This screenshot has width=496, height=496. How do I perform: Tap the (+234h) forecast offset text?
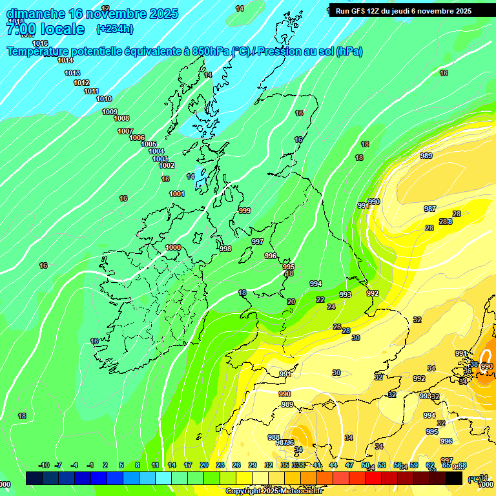pos(114,29)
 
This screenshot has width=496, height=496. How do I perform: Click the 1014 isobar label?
pos(65,60)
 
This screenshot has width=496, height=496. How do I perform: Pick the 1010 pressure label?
pos(104,99)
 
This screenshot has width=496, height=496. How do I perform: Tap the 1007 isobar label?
pos(125,131)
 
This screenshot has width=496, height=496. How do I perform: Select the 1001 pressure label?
pos(177,194)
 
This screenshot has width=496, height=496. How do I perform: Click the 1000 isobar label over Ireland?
pos(173,247)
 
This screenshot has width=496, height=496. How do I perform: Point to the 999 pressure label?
pos(245,211)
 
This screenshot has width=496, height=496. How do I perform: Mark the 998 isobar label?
pos(225,249)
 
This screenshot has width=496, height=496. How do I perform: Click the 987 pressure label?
pos(430,209)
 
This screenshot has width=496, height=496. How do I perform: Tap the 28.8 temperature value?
pos(446,222)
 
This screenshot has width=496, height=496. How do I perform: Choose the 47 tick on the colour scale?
pos(349,465)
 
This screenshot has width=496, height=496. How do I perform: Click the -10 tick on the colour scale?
pos(44,465)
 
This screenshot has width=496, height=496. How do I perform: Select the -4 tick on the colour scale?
pos(74,465)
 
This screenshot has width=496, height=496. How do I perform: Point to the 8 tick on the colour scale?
pos(138,465)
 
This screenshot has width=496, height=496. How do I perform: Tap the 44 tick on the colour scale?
pos(333,465)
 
